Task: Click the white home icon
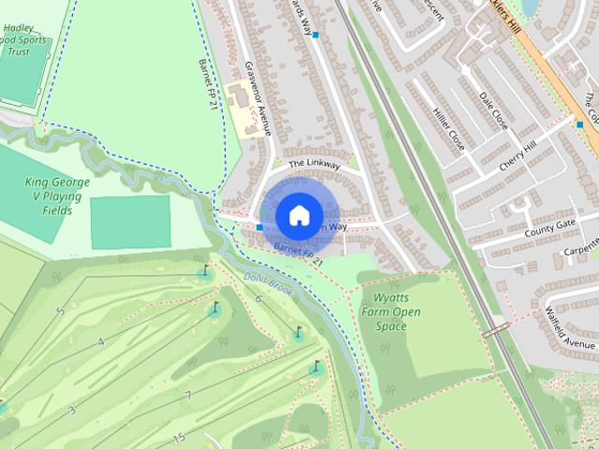click(x=299, y=215)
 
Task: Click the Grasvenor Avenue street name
click(x=257, y=99)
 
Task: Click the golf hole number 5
click(x=60, y=311)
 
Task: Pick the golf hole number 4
click(x=100, y=341)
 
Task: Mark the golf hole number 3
click(x=71, y=410)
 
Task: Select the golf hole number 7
click(x=187, y=396)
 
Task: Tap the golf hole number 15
click(x=178, y=437)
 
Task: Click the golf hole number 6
click(x=257, y=298)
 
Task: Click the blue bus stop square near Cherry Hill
click(x=580, y=124)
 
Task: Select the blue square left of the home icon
click(x=258, y=226)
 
